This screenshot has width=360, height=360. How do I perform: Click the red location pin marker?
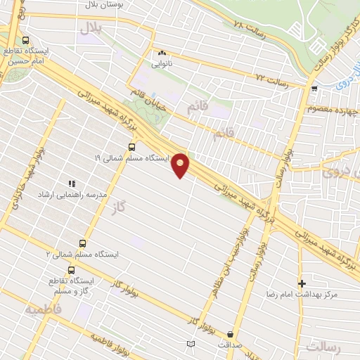coord(181,165)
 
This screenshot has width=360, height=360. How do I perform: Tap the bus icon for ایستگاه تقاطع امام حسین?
coord(26,40)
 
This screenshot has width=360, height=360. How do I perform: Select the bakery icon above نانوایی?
coord(162,52)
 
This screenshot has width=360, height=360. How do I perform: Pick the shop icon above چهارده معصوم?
coord(314,89)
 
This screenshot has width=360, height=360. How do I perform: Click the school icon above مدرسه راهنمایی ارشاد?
coord(71,184)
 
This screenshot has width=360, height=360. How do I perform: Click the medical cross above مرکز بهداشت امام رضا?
coord(302,283)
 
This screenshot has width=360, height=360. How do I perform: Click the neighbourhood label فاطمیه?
coord(43,309)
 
